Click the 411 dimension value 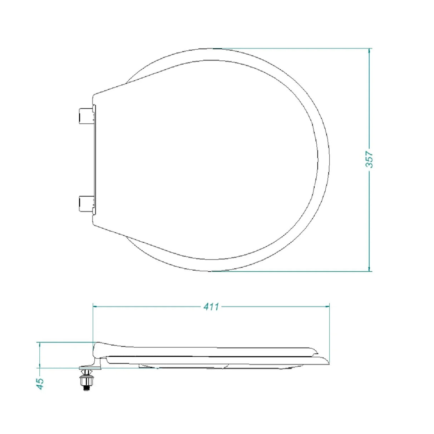point(211,306)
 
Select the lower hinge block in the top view point(85,204)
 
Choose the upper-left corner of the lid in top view point(94,95)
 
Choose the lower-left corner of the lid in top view point(94,224)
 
